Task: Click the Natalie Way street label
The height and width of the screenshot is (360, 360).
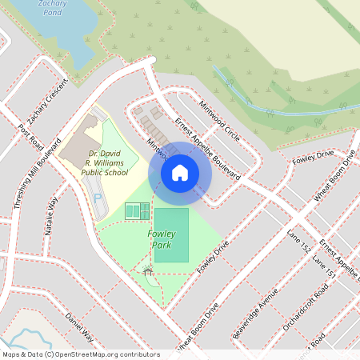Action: tap(52, 216)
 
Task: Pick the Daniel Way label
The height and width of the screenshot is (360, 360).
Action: tap(79, 328)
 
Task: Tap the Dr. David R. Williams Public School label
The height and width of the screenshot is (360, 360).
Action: tap(109, 163)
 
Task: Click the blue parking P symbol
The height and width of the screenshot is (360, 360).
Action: tap(98, 198)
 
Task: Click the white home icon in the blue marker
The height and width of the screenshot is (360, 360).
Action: tap(180, 172)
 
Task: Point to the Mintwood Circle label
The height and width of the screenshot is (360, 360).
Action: tap(218, 126)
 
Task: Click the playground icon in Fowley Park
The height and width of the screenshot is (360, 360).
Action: tap(147, 270)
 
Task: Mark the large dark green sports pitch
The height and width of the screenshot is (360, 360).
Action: tap(171, 234)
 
